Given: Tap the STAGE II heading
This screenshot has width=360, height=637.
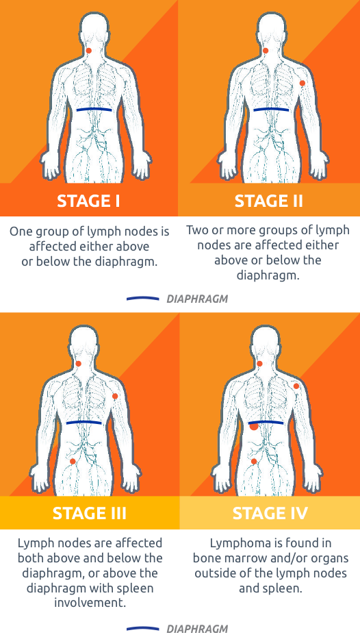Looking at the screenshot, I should [x=269, y=201].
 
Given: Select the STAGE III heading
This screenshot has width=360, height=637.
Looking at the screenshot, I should [x=90, y=513].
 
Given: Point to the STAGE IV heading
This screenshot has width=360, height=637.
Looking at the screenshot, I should [x=270, y=513].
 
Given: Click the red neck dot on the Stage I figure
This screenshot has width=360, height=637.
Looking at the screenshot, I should [x=90, y=51].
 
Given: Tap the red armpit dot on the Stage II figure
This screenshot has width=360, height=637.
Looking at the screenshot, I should [x=303, y=83].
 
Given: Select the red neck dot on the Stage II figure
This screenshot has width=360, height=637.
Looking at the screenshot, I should [x=266, y=51].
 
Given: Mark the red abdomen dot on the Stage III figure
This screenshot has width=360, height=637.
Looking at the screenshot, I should [x=73, y=461].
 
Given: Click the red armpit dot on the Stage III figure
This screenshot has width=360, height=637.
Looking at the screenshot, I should [x=115, y=397].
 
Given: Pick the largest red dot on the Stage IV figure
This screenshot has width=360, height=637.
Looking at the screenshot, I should [x=254, y=425].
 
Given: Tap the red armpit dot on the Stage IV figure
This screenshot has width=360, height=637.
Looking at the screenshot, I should [x=296, y=387].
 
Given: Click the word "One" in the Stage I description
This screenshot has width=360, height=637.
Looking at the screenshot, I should [x=21, y=232].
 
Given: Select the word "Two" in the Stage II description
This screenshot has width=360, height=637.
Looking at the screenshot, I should [x=197, y=230].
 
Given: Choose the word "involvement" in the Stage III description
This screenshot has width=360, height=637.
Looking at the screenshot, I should [x=90, y=603].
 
